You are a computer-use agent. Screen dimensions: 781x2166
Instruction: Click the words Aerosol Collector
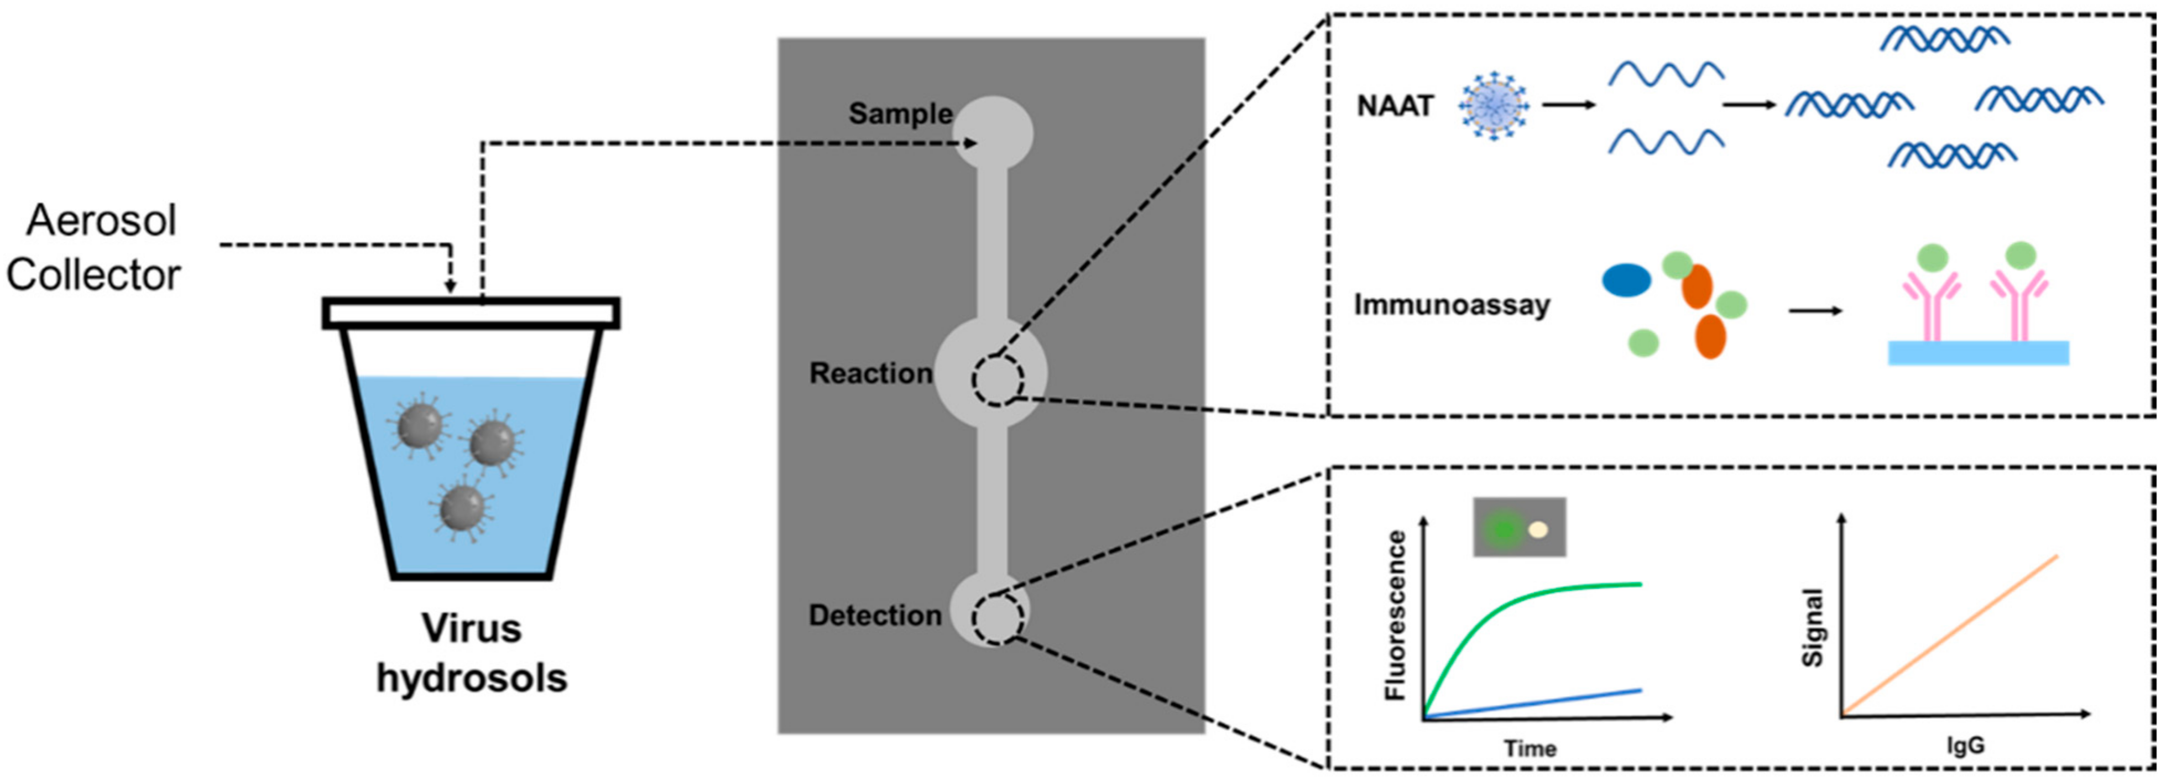click(x=94, y=248)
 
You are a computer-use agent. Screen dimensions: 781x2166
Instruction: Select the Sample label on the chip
click(x=900, y=113)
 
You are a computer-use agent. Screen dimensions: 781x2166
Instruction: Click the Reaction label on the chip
click(x=870, y=373)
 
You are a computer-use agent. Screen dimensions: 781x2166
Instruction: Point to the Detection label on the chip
click(x=874, y=616)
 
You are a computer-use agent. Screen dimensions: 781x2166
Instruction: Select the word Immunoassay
click(x=1452, y=304)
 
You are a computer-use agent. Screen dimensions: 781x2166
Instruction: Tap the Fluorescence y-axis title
click(x=1395, y=616)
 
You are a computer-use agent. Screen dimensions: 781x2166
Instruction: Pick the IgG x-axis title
click(x=1966, y=745)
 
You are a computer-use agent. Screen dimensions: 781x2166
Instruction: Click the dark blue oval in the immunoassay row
click(x=1626, y=280)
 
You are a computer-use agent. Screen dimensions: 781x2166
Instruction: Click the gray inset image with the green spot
click(x=1520, y=527)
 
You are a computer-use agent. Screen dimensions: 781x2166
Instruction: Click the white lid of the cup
click(x=471, y=313)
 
